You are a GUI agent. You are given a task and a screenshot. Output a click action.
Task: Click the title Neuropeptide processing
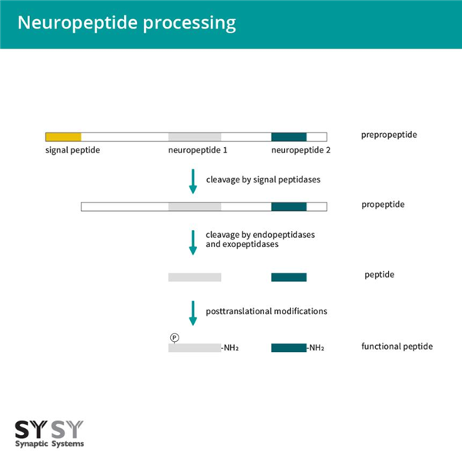[126, 23]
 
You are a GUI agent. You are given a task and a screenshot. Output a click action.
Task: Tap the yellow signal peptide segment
[63, 136]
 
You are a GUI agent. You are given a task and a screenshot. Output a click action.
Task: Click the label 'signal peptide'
[72, 150]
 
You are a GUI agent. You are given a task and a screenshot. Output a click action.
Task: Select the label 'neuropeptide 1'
[197, 150]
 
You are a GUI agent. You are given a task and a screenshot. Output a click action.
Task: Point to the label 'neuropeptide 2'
[301, 150]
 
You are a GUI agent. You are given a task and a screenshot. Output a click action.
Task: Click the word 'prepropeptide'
[389, 136]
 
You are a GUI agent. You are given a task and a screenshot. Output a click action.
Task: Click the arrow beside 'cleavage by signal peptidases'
[192, 182]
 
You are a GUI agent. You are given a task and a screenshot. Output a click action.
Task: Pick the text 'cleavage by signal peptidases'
[263, 179]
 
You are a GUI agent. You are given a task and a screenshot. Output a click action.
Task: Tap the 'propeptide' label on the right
[383, 206]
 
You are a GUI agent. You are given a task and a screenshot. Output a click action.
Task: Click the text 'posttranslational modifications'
[266, 311]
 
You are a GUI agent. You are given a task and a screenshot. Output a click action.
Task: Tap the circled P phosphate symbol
[174, 337]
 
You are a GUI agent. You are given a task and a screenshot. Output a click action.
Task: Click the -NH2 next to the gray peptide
[230, 348]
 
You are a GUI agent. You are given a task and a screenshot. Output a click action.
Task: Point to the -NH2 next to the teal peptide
[316, 348]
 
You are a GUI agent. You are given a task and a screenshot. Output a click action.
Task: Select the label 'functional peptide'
[397, 346]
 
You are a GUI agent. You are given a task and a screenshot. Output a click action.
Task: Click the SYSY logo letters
[49, 430]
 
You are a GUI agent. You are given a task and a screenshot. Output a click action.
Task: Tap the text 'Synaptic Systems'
[49, 444]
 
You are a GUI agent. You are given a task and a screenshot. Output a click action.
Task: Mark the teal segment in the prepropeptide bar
[289, 136]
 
